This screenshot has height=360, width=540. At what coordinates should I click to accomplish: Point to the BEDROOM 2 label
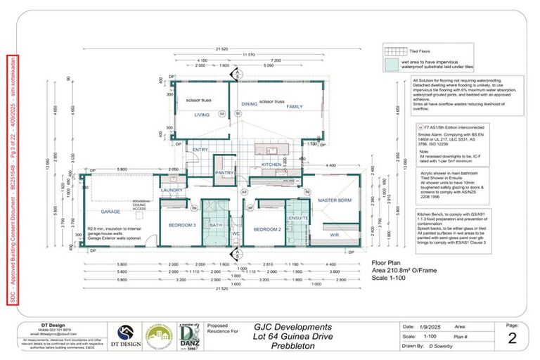[267, 229]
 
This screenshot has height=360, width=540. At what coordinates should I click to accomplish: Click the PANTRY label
[224, 172]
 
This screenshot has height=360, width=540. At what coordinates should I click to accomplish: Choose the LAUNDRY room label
[172, 190]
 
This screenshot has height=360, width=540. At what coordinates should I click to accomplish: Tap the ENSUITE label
[299, 218]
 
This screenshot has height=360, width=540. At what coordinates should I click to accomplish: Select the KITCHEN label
[271, 163]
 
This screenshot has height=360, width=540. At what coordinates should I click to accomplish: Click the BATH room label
[216, 226]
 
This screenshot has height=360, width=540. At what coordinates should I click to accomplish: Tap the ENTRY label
[200, 149]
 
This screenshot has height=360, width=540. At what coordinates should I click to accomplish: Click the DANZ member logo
[188, 336]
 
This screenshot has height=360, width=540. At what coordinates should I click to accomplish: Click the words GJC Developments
[292, 327]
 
